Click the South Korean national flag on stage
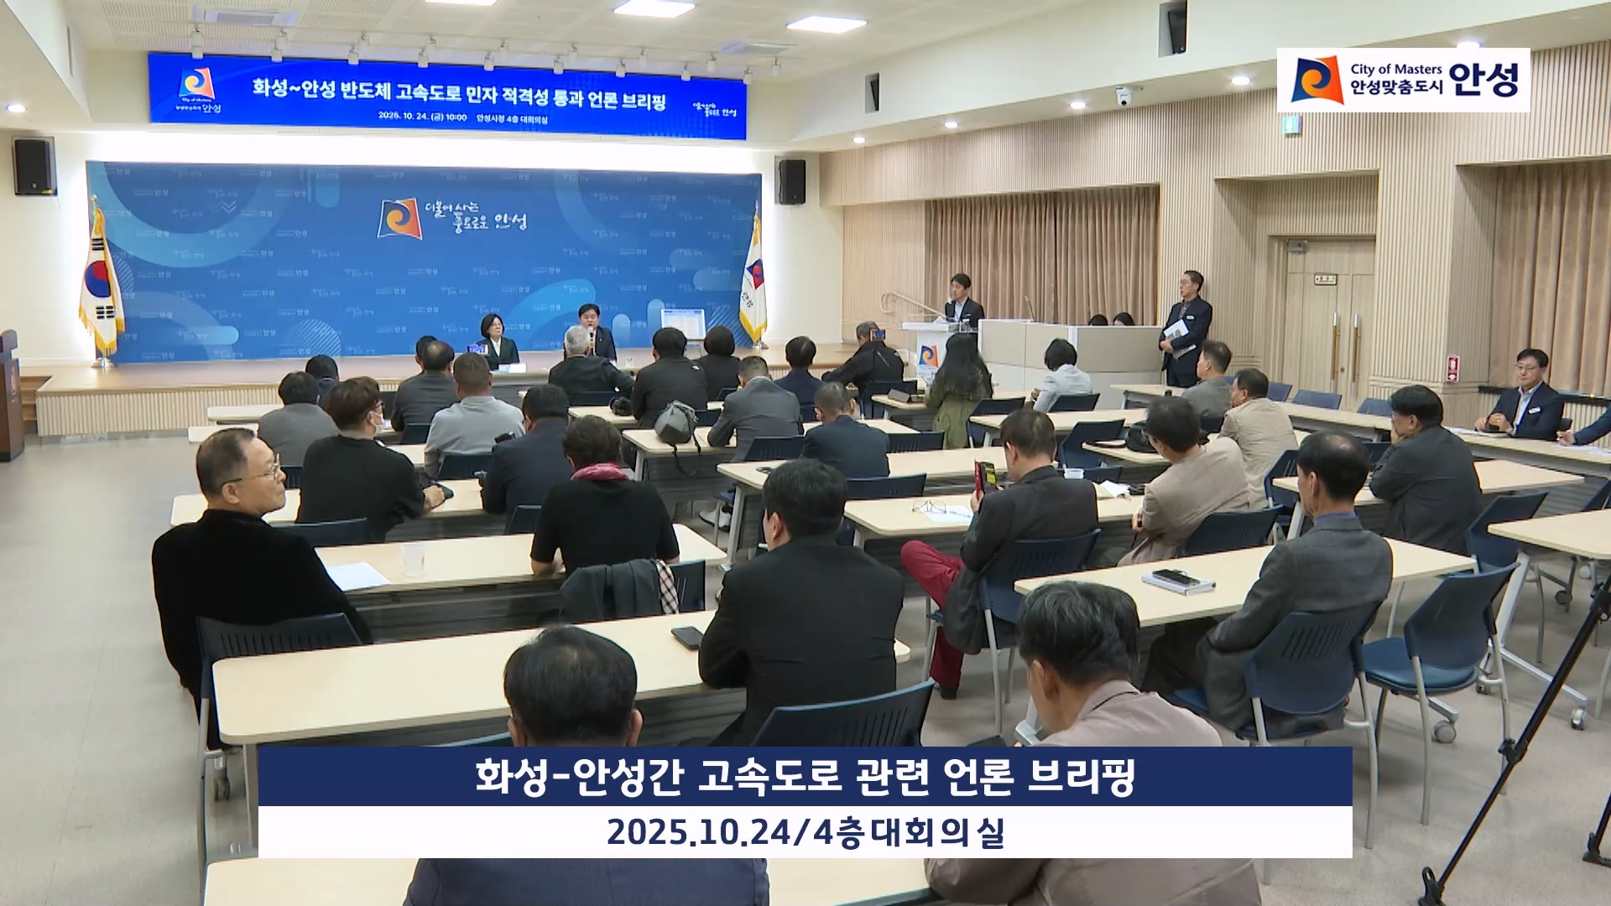(102, 281)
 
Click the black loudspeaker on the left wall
(34, 165)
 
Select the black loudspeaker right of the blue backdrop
(791, 181)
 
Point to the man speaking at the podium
(962, 300)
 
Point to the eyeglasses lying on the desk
(930, 506)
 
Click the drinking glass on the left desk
(412, 560)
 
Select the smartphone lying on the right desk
(1171, 577)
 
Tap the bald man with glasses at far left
(245, 471)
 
